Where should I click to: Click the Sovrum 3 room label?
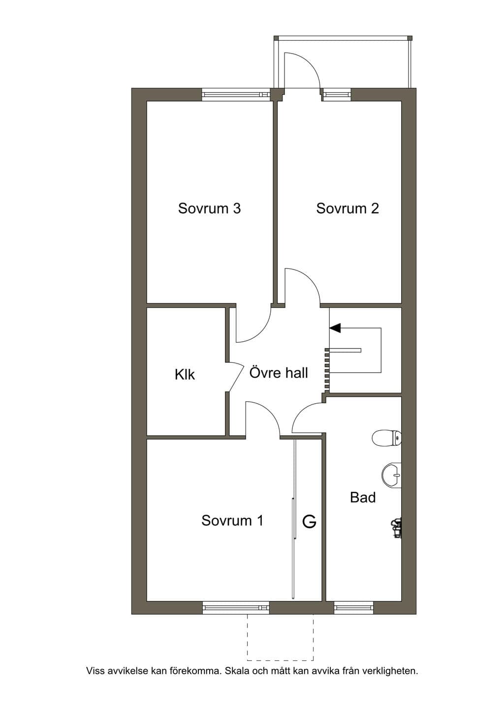[209, 208]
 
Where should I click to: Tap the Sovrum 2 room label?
[347, 208]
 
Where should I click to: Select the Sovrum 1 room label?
[232, 521]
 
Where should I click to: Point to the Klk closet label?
[185, 374]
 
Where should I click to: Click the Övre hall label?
[279, 372]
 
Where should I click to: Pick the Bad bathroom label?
[363, 498]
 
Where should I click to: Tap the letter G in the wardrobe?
[309, 522]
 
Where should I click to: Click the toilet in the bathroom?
[386, 438]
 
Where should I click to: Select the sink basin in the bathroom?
[392, 475]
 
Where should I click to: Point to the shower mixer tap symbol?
[397, 528]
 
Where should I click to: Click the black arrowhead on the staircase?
[335, 327]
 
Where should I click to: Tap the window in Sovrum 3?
[236, 94]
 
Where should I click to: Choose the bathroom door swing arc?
[302, 413]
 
